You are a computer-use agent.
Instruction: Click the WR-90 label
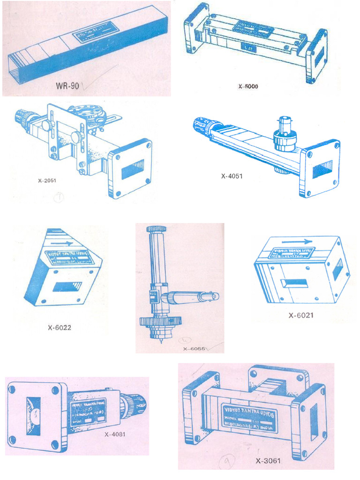coord(67,86)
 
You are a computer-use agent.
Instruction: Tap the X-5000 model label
coord(248,86)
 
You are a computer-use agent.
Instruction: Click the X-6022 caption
coord(59,327)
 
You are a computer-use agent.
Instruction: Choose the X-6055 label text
coord(195,349)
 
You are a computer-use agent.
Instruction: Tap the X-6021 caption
coord(300,315)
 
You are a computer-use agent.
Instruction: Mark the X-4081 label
coord(115,434)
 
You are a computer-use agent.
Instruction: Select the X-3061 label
coord(268,460)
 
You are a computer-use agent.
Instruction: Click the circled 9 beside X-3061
coord(226,464)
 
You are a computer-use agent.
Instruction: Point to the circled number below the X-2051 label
coord(59,197)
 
